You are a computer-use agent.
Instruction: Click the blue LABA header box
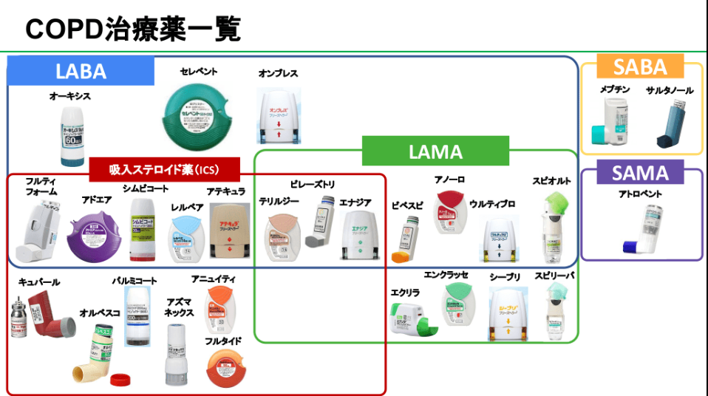click(81, 71)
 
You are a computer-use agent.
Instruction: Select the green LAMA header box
click(435, 151)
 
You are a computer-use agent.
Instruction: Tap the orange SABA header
click(641, 67)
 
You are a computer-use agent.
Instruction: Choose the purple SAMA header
click(640, 174)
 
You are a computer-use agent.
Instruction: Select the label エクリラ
click(405, 293)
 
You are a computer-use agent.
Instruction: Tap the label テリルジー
click(278, 201)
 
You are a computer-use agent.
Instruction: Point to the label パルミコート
click(135, 281)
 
